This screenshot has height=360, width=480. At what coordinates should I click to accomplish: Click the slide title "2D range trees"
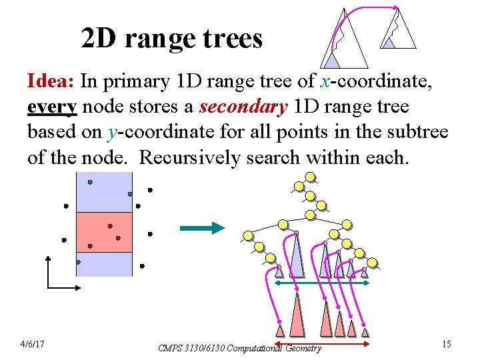(x=171, y=39)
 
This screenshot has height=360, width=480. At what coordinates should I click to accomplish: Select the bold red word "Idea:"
(x=51, y=82)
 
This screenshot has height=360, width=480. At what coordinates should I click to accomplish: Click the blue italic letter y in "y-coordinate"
(x=111, y=132)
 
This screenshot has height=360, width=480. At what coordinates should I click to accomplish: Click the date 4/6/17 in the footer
(x=33, y=343)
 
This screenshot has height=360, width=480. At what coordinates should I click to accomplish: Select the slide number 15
(x=446, y=343)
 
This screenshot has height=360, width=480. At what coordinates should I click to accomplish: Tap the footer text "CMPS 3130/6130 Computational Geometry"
(x=239, y=347)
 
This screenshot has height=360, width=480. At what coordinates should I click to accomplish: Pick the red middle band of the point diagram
(x=104, y=232)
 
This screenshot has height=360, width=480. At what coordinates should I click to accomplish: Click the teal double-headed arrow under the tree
(x=322, y=283)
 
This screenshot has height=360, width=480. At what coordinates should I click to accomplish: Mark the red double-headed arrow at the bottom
(x=322, y=343)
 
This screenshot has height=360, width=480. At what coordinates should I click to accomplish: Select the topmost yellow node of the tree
(x=309, y=177)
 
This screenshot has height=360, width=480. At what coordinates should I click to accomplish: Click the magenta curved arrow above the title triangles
(x=373, y=9)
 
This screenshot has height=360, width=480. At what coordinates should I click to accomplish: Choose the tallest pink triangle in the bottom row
(x=297, y=316)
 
